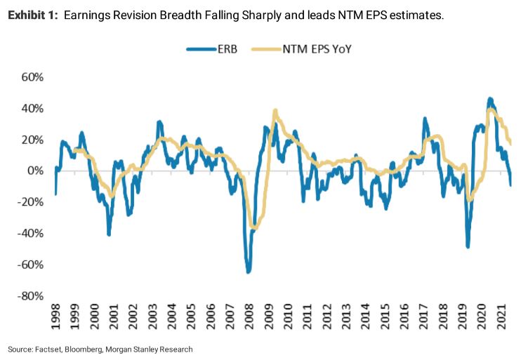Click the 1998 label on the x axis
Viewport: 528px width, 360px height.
point(55,318)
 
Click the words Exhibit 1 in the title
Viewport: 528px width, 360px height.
point(32,15)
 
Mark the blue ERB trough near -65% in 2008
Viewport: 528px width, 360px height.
point(248,271)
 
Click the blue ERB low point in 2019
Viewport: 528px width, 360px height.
point(468,246)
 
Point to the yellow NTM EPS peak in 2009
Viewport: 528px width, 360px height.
point(275,111)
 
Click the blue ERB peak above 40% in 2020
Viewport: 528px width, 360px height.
point(489,99)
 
